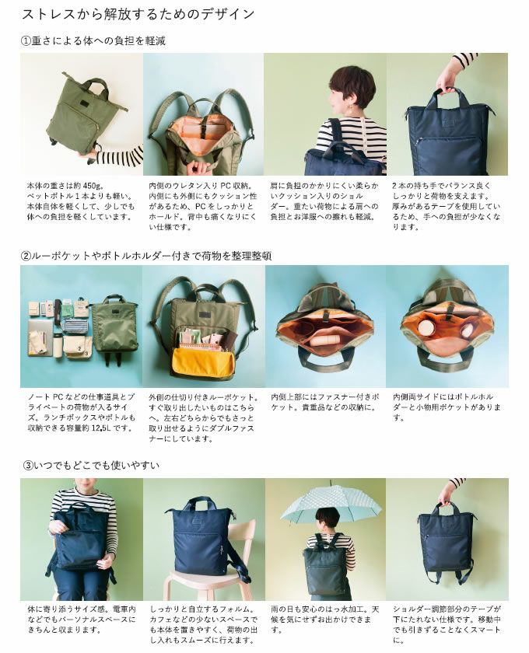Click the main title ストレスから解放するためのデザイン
click(x=138, y=14)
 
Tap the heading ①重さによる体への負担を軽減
click(x=93, y=40)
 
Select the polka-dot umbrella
click(x=331, y=502)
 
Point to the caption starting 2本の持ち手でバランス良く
click(x=446, y=206)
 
